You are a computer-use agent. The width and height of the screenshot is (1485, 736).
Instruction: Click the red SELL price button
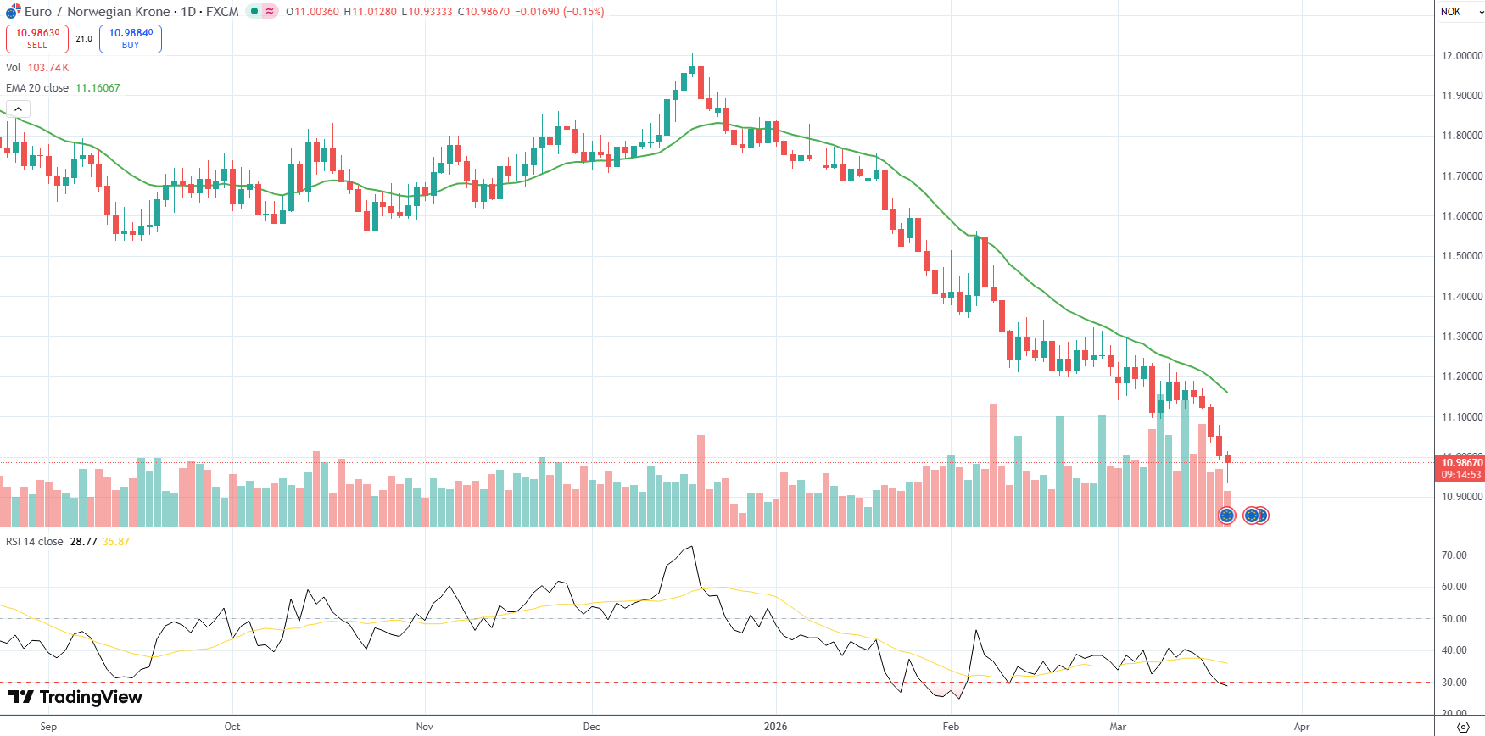[37, 39]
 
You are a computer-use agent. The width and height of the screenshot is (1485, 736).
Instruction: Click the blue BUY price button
[131, 39]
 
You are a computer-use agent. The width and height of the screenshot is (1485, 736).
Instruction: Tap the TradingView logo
[75, 697]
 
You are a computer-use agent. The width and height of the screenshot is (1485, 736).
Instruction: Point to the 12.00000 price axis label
[1462, 56]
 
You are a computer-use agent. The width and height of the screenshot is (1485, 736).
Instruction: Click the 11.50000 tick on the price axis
[1462, 256]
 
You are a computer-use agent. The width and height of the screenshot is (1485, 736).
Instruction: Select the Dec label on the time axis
[591, 727]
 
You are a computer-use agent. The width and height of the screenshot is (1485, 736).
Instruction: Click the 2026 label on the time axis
[775, 727]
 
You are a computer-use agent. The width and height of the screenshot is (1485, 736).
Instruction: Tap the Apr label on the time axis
[1302, 727]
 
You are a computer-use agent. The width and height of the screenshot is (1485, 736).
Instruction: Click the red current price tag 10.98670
[1462, 463]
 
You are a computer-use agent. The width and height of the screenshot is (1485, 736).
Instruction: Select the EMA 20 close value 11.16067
[98, 88]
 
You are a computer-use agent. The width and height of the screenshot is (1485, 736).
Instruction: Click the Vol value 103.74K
[48, 68]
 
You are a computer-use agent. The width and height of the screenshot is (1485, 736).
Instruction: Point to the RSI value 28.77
[83, 542]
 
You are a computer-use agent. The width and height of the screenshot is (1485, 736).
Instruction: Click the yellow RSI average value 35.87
[116, 542]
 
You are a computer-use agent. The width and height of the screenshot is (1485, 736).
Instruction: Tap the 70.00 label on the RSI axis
[1454, 555]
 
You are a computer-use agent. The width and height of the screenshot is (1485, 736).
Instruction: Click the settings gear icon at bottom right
[1463, 727]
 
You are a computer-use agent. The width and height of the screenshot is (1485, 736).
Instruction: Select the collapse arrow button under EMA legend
[18, 109]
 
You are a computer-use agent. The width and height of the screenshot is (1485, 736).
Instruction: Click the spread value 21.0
[84, 39]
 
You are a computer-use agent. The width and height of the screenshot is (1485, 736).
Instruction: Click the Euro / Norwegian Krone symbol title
[98, 12]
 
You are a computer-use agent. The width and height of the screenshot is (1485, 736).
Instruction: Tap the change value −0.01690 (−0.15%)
[560, 12]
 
